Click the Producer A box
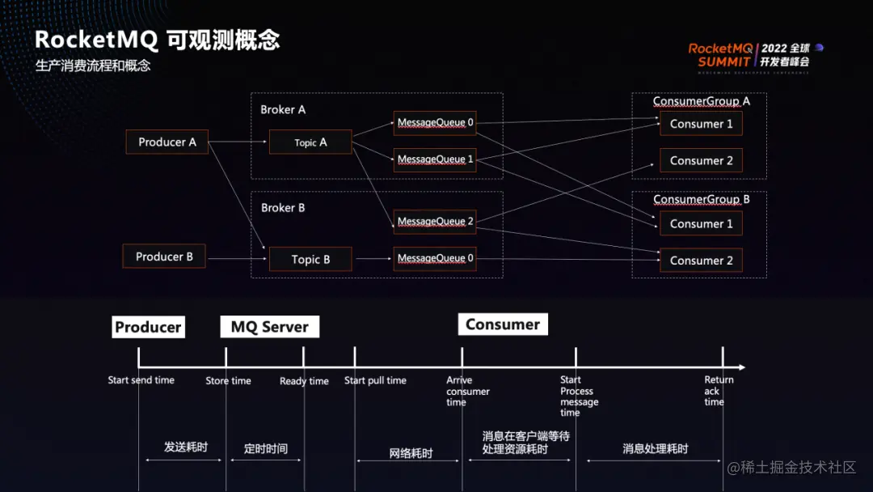pyautogui.click(x=167, y=142)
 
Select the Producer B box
pyautogui.click(x=164, y=257)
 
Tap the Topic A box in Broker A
pyautogui.click(x=310, y=142)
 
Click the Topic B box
pyautogui.click(x=310, y=260)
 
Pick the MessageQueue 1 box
pyautogui.click(x=435, y=159)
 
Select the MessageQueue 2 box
pyautogui.click(x=435, y=222)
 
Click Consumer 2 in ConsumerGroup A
pyautogui.click(x=701, y=161)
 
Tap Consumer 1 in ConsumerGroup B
pyautogui.click(x=701, y=223)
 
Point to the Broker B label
pyautogui.click(x=283, y=208)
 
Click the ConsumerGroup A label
pyautogui.click(x=701, y=101)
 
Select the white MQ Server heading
pyautogui.click(x=270, y=327)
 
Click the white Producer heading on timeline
pyautogui.click(x=148, y=327)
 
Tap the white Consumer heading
pyautogui.click(x=503, y=324)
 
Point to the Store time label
pyautogui.click(x=228, y=381)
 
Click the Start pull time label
pyautogui.click(x=375, y=380)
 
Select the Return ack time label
pyautogui.click(x=718, y=391)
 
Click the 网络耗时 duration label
pyautogui.click(x=411, y=454)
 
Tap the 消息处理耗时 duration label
pyautogui.click(x=655, y=449)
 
